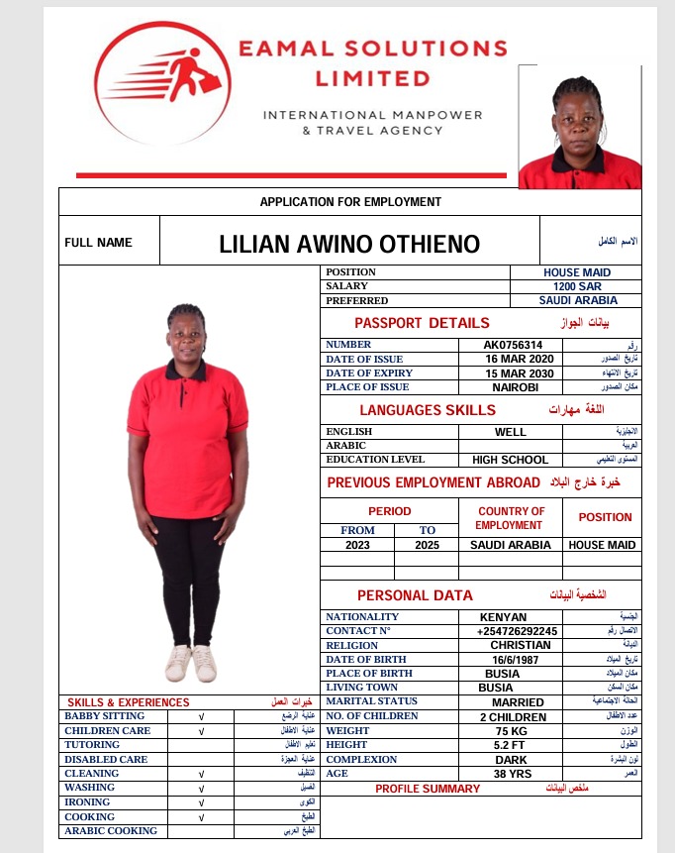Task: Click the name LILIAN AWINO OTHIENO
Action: (349, 245)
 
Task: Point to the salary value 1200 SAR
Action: (577, 286)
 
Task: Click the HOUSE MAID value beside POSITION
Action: (577, 272)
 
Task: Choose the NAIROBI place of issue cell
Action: (515, 387)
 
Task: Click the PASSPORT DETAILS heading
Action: (422, 323)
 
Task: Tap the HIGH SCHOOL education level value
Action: (511, 460)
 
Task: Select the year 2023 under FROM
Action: (357, 545)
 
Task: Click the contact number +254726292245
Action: (517, 631)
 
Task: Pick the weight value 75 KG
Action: (513, 731)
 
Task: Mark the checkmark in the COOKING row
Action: (201, 817)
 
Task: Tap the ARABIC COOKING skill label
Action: (111, 831)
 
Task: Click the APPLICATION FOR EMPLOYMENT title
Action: (350, 202)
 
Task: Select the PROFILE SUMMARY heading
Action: (428, 789)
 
